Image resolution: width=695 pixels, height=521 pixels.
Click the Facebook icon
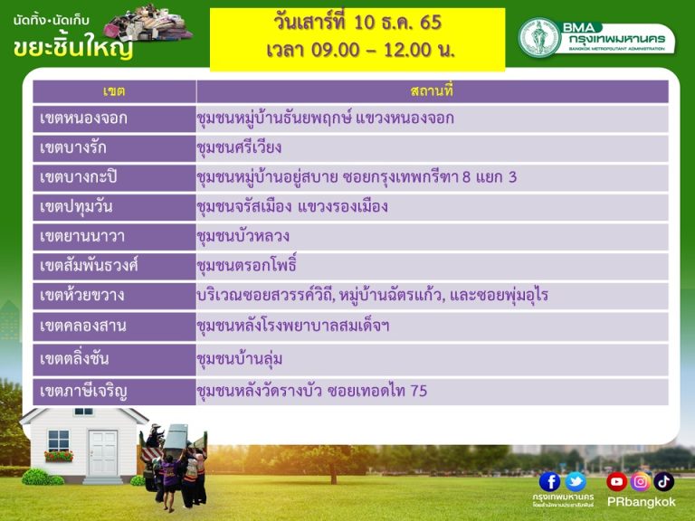coord(549,481)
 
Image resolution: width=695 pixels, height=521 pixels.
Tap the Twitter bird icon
coord(576,481)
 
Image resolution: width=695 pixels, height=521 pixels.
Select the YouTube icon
coord(616,481)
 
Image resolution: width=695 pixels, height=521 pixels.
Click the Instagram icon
coord(640,481)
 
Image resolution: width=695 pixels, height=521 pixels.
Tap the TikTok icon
coord(663,481)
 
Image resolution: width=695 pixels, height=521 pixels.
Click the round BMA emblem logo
coord(540,37)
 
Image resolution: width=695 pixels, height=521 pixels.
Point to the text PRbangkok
coord(641,502)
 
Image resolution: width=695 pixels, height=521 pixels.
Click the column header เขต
coord(114,91)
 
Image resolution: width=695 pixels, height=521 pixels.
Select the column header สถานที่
coord(432,91)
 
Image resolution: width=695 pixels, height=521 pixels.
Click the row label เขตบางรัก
coord(73,147)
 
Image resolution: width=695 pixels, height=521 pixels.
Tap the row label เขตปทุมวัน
coord(76,207)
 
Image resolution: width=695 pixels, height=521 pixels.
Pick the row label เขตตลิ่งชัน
coord(74,358)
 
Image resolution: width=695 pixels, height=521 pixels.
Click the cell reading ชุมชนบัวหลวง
coord(243,236)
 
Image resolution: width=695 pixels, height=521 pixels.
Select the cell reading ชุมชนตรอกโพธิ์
coord(246,265)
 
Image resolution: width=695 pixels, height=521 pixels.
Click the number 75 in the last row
coord(419,391)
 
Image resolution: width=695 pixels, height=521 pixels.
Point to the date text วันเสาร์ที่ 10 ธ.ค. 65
coord(357,22)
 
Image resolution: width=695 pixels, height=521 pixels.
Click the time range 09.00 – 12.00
coord(371,50)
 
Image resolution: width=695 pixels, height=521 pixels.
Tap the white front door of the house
coord(103,453)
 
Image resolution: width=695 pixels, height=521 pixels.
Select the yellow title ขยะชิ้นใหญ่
coord(73,46)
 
